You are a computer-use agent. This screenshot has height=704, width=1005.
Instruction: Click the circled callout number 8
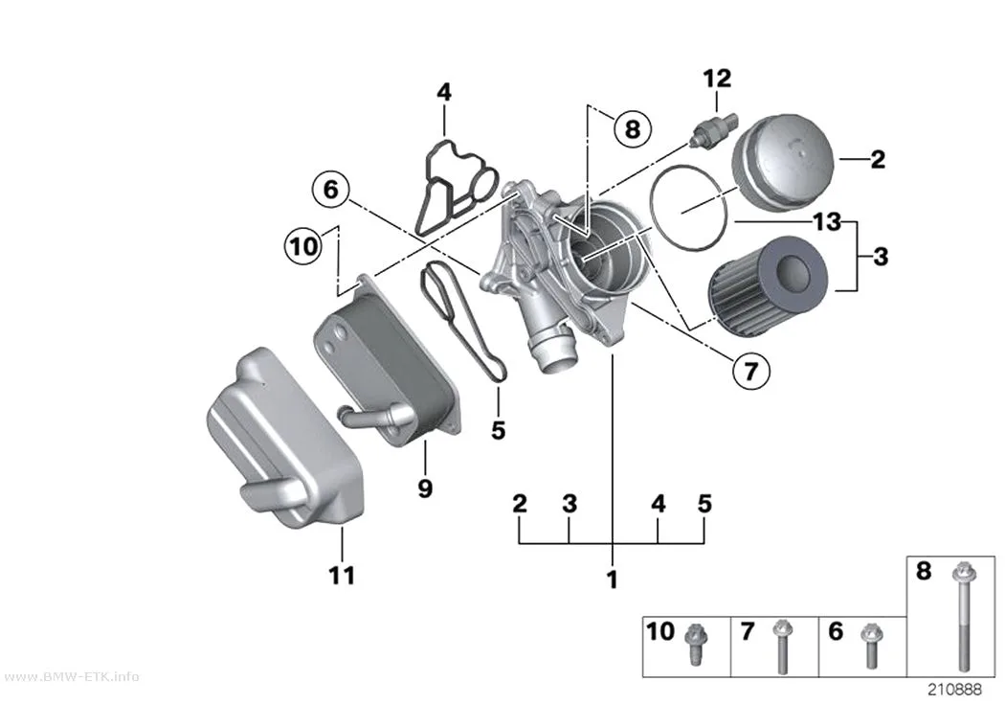click(633, 129)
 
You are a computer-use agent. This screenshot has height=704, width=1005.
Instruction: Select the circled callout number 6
click(331, 189)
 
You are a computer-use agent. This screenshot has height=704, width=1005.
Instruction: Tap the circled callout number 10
click(303, 245)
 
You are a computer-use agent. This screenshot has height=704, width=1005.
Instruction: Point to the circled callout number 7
click(750, 370)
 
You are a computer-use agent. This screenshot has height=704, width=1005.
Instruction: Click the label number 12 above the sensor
click(717, 79)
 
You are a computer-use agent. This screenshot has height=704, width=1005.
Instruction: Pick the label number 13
click(827, 222)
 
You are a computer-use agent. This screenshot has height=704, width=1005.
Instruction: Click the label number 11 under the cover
click(342, 575)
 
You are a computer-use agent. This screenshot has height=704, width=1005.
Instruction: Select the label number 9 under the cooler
click(426, 488)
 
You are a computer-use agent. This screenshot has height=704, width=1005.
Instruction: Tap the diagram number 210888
click(954, 690)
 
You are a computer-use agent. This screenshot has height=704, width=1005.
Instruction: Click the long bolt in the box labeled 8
click(962, 616)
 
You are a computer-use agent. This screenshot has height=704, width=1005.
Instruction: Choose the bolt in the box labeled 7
click(781, 647)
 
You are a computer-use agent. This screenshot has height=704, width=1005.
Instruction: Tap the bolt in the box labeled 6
click(869, 645)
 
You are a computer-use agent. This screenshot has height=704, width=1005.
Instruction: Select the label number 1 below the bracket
click(613, 579)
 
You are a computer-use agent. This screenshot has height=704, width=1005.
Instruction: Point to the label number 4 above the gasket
click(444, 92)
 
